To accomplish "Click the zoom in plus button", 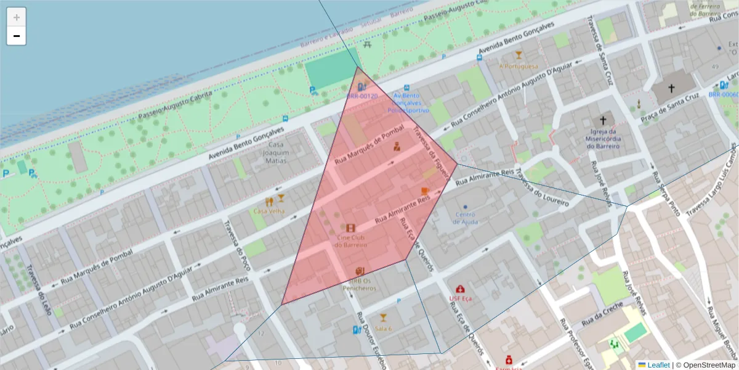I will click(x=17, y=17).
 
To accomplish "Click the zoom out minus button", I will click(x=17, y=36).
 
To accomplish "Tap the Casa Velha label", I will click(x=269, y=211).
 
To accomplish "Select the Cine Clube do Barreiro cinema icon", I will click(x=350, y=228).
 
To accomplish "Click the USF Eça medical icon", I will click(x=460, y=289).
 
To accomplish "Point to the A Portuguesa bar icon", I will click(x=519, y=55).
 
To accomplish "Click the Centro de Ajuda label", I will click(x=465, y=218).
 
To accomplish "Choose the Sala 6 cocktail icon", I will click(x=383, y=318).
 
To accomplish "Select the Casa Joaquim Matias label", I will click(x=275, y=152).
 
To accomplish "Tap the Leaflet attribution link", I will click(x=658, y=365).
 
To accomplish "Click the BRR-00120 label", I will click(x=361, y=96).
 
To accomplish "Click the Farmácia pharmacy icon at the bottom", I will click(x=509, y=360).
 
